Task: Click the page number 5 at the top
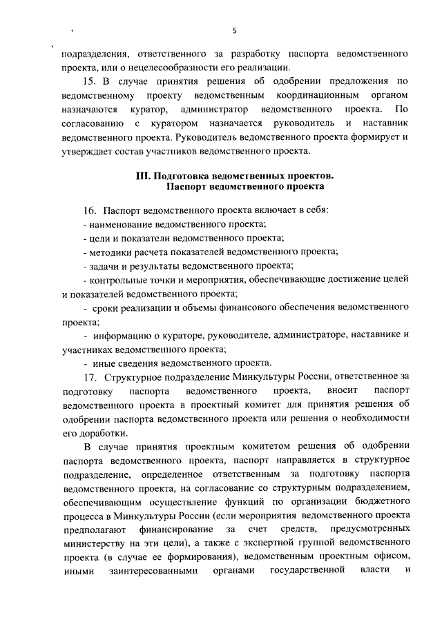(234, 30)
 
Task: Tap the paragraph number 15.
(88, 81)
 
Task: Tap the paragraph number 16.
(88, 210)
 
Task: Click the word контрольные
(115, 279)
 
